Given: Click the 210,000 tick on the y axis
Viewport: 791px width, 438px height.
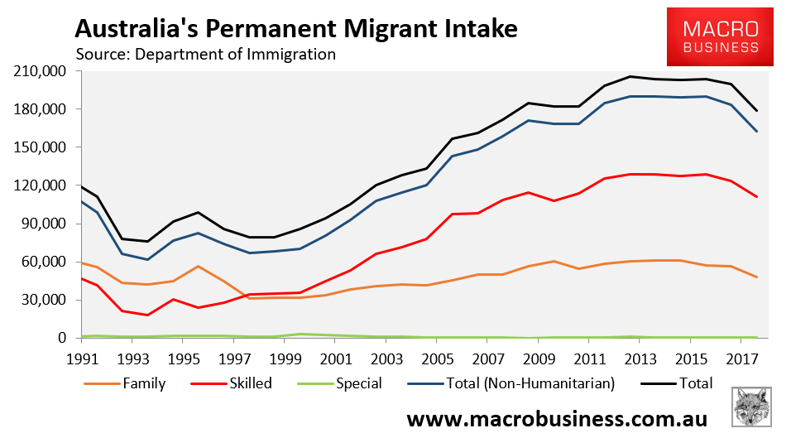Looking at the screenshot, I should coord(41,71).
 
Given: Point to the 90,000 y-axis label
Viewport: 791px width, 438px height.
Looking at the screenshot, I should coord(44,224).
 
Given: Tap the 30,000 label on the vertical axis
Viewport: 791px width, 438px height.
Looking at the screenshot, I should coord(44,300).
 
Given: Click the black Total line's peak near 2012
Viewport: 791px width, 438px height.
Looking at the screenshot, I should coord(630,76).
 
